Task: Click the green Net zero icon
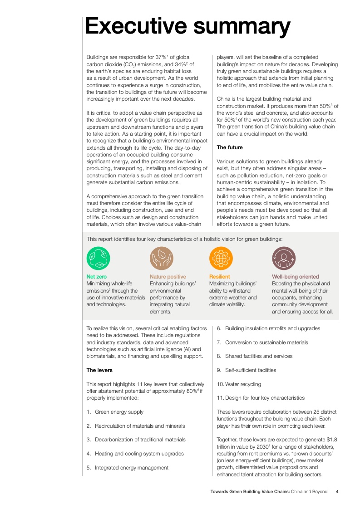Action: [x=98, y=259]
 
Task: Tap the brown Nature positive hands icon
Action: [x=161, y=259]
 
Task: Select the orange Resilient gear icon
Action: [x=221, y=259]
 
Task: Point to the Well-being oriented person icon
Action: [x=284, y=259]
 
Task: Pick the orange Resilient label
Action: [x=219, y=277]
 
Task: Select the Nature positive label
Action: [x=168, y=277]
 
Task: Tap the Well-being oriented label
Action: [x=295, y=277]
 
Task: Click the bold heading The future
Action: [x=230, y=147]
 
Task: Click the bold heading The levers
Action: [x=99, y=370]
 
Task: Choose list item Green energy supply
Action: [x=119, y=412]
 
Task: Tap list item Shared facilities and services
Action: [x=259, y=356]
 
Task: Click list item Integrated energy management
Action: [x=132, y=468]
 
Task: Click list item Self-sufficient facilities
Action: [x=251, y=370]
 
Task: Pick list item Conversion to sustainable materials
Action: [x=266, y=343]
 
